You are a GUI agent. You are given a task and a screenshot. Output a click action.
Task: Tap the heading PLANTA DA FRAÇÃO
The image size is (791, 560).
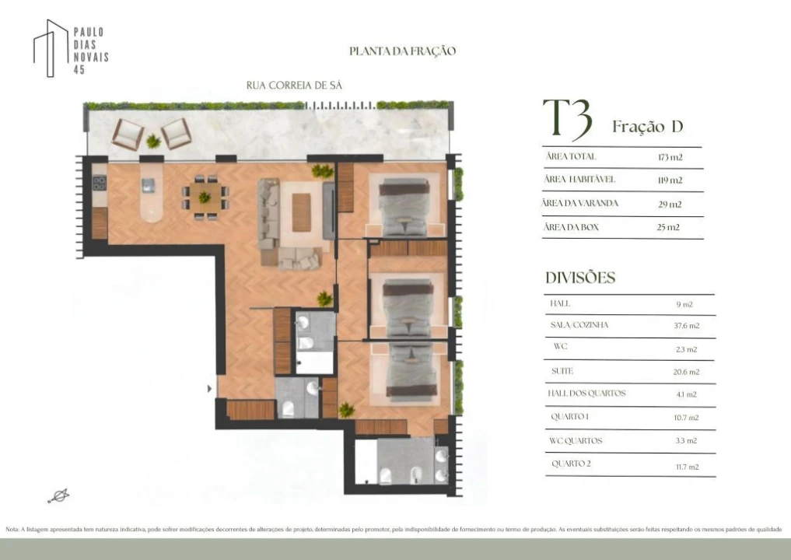click(402, 51)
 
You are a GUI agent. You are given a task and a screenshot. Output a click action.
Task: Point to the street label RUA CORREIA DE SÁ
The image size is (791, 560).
click(294, 86)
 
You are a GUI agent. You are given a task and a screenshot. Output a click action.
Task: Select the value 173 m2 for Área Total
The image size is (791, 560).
click(670, 157)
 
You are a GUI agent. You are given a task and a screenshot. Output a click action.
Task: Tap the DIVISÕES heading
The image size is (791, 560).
click(580, 278)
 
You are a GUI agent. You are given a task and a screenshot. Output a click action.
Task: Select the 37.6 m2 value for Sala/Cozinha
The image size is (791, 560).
click(685, 326)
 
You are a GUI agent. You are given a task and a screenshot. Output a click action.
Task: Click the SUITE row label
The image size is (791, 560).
click(562, 371)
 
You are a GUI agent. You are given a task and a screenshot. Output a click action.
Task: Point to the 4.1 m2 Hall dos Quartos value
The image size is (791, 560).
click(685, 394)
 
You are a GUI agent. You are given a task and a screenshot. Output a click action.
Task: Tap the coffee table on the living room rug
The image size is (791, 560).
click(301, 212)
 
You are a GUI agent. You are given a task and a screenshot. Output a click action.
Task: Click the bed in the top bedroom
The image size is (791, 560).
click(404, 206)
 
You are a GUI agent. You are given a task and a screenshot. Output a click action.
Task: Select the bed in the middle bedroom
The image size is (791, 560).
click(408, 306)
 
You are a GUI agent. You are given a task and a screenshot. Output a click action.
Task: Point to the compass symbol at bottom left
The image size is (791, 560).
click(58, 495)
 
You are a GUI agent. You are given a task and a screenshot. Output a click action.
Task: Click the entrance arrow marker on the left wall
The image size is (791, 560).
click(208, 387)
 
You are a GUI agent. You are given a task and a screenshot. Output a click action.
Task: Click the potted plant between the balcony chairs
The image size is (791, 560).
click(153, 142)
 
